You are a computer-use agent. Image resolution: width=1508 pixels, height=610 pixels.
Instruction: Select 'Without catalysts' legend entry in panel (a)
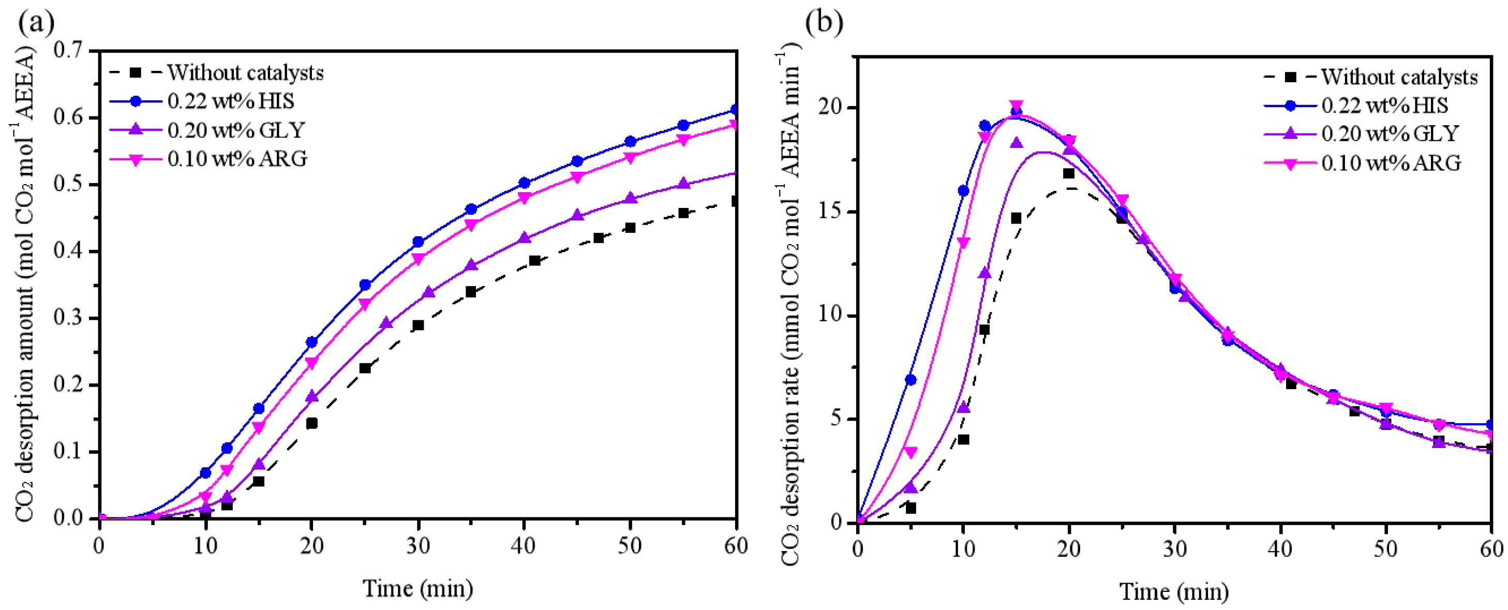(245, 73)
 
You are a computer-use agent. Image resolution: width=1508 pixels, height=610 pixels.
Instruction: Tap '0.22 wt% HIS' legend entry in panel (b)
(1384, 106)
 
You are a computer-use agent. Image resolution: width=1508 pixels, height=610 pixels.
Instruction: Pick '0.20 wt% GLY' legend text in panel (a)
(236, 130)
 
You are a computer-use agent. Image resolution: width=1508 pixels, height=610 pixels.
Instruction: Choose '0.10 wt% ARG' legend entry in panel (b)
(1391, 162)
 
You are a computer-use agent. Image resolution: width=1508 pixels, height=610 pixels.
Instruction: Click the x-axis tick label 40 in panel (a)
(524, 546)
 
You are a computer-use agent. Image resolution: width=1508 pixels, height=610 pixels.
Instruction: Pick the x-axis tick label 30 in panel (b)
(1174, 548)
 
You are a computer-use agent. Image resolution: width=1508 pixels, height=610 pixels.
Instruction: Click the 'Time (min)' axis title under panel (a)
(417, 588)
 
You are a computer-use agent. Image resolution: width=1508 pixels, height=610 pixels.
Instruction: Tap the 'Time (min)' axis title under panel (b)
(1174, 591)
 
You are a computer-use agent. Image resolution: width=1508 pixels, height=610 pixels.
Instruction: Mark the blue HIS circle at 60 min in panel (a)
(736, 110)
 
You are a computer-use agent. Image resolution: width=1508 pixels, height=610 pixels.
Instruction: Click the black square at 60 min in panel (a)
(736, 201)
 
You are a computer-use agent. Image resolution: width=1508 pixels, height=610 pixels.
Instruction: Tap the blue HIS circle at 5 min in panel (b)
(910, 380)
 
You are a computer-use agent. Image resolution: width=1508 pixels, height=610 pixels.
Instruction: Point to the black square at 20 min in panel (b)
(1068, 173)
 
